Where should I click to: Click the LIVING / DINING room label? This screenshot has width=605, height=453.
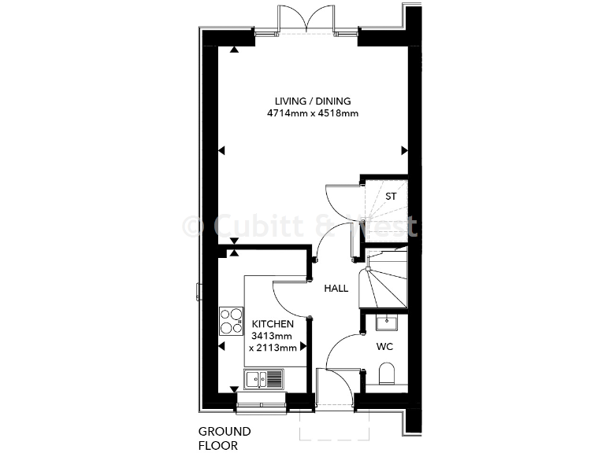(x=313, y=101)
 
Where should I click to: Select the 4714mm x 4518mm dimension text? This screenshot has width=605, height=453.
(x=313, y=113)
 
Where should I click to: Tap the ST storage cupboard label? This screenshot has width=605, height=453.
(x=390, y=196)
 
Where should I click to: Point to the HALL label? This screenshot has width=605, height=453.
(x=336, y=289)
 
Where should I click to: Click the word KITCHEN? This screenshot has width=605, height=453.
(x=273, y=323)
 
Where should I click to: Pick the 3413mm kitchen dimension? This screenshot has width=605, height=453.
(x=273, y=335)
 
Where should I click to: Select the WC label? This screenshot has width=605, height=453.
(x=384, y=345)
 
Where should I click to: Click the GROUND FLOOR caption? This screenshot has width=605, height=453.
(x=225, y=437)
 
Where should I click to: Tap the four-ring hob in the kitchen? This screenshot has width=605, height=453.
(x=231, y=322)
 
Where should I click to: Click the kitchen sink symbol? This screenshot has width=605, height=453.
(x=264, y=380)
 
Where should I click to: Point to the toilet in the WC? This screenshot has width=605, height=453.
(x=387, y=373)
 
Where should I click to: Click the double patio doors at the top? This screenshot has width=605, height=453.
(x=307, y=20)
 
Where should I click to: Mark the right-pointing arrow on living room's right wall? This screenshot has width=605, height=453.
(x=404, y=151)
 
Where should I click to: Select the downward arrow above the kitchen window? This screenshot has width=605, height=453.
(x=234, y=389)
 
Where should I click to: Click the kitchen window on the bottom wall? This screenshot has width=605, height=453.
(x=261, y=405)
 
